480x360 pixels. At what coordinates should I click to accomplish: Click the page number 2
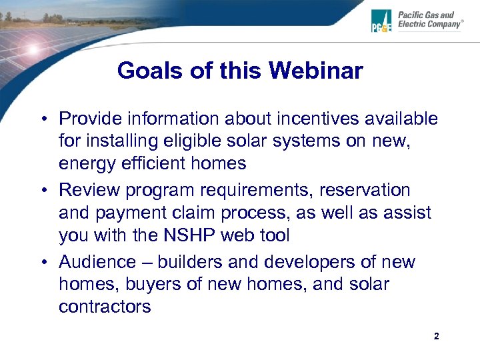coord(436,337)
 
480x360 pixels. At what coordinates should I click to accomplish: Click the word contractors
coord(105,307)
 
